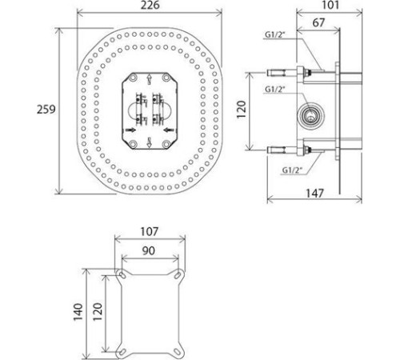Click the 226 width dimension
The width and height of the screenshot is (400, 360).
(x=149, y=6)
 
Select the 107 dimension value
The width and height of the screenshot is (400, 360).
(x=149, y=231)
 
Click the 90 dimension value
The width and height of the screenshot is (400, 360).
(x=149, y=250)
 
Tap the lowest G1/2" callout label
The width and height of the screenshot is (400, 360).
(x=291, y=170)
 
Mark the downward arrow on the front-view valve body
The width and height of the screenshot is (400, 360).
(x=150, y=142)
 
